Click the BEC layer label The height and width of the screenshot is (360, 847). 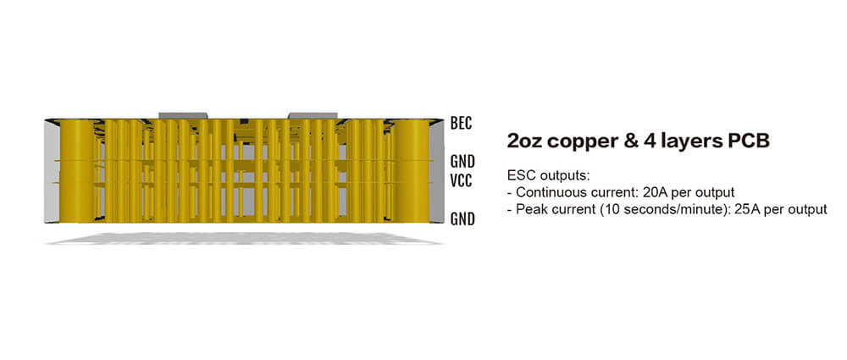coord(461,123)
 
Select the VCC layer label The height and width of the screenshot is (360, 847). coord(462,180)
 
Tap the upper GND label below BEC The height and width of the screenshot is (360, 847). coord(462,161)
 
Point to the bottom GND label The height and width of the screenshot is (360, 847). coord(462,219)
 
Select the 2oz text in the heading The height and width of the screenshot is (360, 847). coord(524,141)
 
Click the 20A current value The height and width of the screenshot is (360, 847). coord(652,192)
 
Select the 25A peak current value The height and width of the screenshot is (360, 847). coord(745,210)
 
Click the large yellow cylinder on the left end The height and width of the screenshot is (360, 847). coord(76,171)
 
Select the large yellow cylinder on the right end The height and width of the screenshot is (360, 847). coord(412,171)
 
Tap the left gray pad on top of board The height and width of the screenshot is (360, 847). coord(183,116)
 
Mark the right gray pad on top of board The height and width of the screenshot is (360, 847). coord(313,116)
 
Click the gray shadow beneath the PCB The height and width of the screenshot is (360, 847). coord(246,238)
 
